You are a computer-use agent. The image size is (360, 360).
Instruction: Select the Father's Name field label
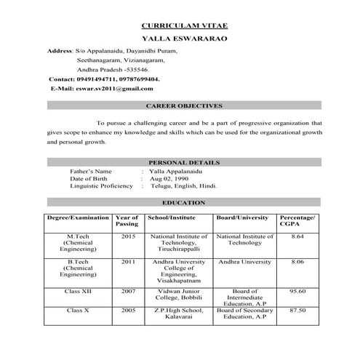point(91,171)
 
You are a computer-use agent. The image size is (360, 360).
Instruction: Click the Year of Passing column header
point(127,221)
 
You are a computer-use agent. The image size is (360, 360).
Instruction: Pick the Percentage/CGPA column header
point(297,221)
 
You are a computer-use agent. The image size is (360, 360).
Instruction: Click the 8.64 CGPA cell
point(297,236)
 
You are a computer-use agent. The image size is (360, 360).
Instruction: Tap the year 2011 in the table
point(128,260)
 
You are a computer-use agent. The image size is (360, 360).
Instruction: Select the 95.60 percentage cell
point(297,291)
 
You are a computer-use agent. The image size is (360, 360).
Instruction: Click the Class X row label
point(78,310)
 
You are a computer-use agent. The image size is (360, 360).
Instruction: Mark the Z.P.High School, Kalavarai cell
point(178,313)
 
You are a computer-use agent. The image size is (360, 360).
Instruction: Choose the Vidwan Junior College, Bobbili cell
point(178,295)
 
